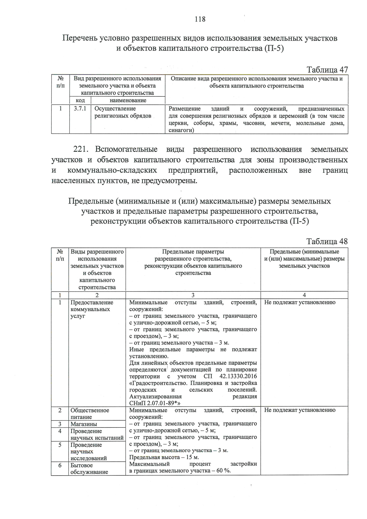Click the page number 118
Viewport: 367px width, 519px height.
200,19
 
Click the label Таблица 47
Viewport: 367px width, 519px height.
327,70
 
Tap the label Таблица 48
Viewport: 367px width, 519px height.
327,242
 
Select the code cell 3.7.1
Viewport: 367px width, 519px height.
80,109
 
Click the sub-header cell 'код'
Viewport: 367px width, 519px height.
80,100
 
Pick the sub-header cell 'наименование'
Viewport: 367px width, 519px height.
128,100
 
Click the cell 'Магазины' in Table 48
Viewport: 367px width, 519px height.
84,424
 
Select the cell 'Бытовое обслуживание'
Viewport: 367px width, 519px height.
89,469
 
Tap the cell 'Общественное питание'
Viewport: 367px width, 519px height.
90,413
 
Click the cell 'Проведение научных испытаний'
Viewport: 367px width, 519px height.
97,435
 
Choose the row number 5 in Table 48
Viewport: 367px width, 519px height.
60,445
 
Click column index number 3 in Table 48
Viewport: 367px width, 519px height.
193,295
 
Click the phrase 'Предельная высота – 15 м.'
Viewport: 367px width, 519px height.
164,457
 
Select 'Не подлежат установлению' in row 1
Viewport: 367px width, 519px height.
300,302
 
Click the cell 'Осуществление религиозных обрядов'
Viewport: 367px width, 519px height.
123,112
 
